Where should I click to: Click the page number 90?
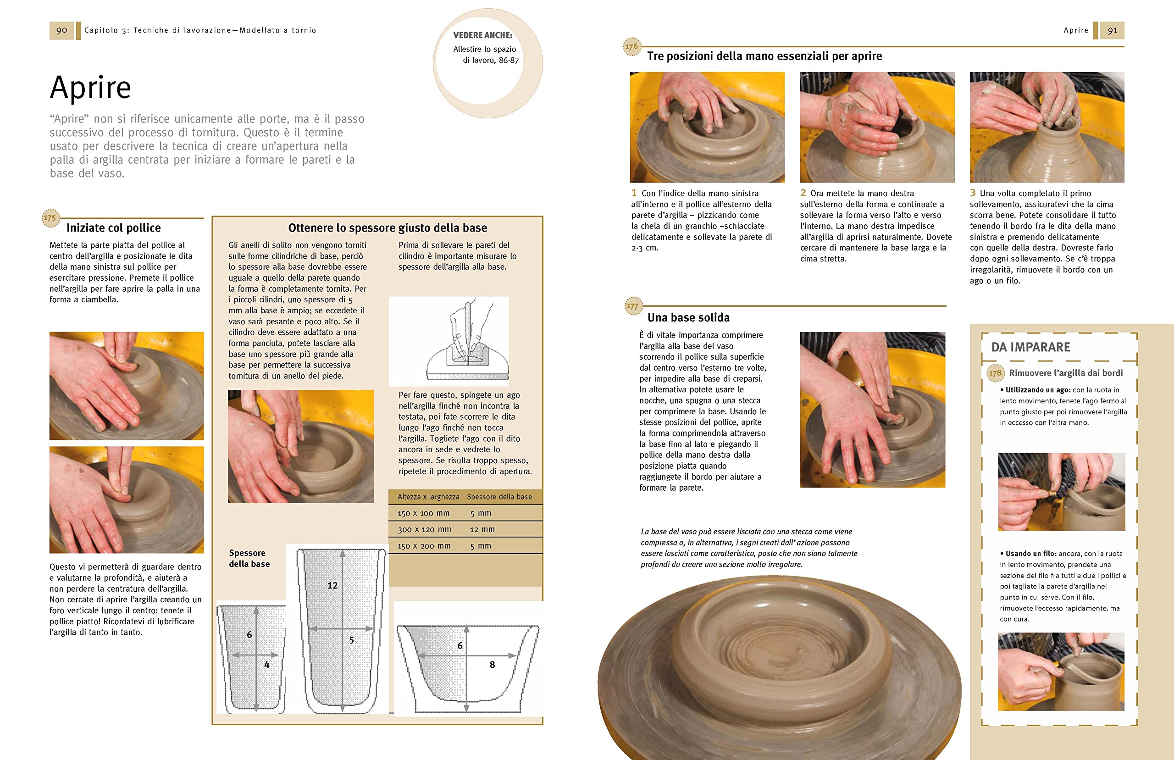pos(61,31)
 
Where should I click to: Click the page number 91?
pos(1113,31)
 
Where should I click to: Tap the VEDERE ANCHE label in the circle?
pos(482,35)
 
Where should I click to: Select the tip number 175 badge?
pos(50,218)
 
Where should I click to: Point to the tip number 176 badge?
pos(631,46)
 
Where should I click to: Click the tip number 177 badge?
pos(632,306)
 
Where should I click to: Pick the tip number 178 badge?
pos(996,373)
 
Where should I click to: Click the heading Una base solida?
pos(688,317)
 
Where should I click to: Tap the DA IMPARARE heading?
pos(1030,347)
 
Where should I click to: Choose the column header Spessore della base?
pos(499,497)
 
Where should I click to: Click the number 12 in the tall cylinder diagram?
pos(332,585)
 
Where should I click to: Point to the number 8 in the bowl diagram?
pos(492,665)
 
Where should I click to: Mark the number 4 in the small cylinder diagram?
pos(267,665)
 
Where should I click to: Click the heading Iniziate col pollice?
pos(113,227)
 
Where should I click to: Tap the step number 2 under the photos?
pos(803,193)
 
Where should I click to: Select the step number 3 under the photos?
pos(973,193)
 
